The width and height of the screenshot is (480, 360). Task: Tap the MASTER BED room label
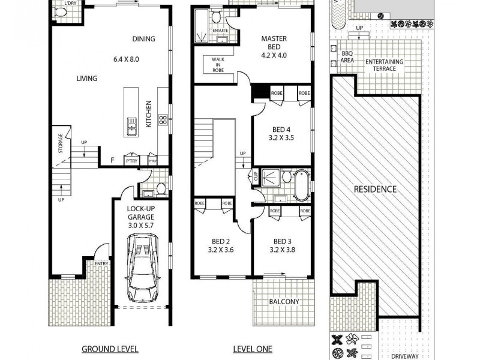[274, 39]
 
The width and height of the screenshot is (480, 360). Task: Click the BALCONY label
[283, 302]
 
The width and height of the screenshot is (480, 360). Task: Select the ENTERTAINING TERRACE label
[384, 65]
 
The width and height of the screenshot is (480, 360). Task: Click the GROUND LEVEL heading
[110, 349]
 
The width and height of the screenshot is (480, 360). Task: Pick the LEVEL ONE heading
[252, 349]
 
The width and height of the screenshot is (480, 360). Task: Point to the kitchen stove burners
[162, 120]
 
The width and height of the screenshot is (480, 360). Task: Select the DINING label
[143, 39]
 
